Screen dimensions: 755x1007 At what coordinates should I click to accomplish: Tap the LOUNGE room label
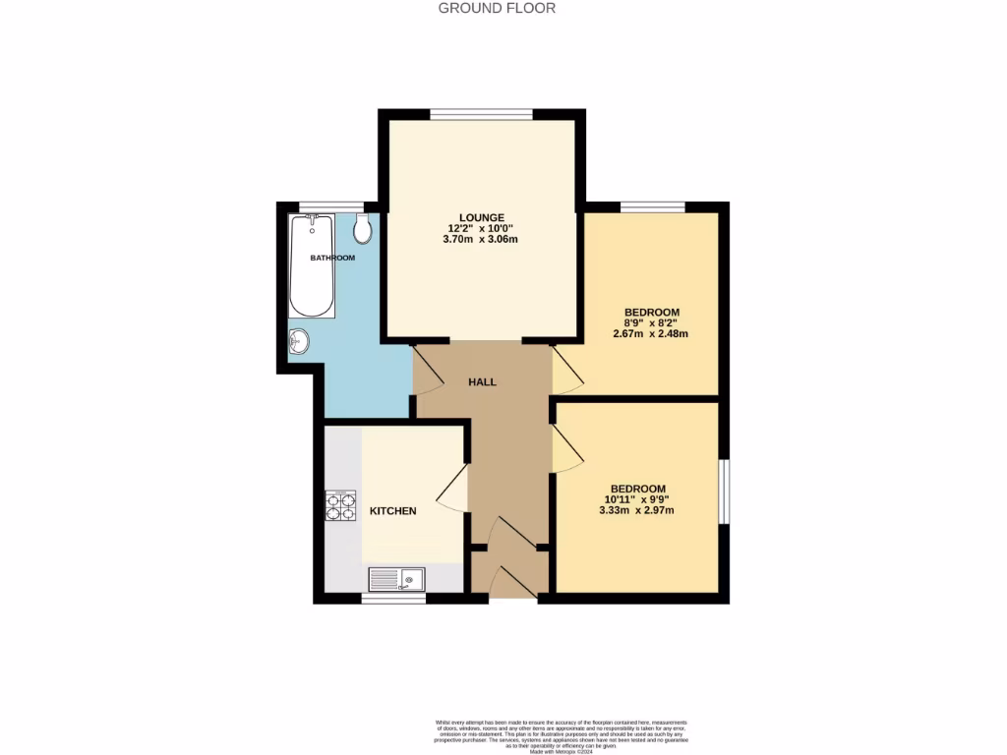(x=481, y=217)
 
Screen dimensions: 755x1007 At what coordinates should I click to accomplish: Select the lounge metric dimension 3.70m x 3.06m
(x=481, y=240)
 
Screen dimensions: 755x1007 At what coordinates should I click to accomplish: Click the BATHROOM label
(x=332, y=258)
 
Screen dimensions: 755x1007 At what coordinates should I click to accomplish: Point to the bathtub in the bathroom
(x=312, y=265)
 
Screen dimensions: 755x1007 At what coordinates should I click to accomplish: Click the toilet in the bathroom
(x=362, y=229)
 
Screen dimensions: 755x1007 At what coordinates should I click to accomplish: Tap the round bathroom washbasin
(x=299, y=342)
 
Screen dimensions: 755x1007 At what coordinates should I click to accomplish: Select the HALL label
(x=482, y=381)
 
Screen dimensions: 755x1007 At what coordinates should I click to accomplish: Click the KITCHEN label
(x=392, y=511)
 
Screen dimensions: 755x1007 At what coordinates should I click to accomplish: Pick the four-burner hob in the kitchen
(x=340, y=505)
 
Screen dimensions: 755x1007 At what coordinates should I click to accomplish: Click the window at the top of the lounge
(x=482, y=114)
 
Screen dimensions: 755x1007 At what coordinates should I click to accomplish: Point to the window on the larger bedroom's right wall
(x=724, y=491)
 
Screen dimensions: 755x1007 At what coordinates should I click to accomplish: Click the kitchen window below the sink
(x=393, y=598)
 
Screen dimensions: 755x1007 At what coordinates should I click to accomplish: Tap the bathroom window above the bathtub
(x=318, y=206)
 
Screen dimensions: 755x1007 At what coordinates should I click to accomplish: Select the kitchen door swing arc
(x=452, y=489)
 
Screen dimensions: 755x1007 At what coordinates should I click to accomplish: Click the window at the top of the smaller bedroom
(x=652, y=206)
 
